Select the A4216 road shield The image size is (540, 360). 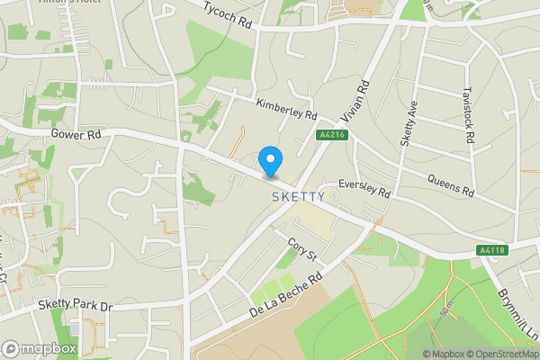[331, 135]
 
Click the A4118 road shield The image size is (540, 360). [490, 248]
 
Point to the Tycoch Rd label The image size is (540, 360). [227, 16]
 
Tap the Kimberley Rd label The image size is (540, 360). [286, 111]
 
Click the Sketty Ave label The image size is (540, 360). [409, 122]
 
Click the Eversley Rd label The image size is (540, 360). [364, 188]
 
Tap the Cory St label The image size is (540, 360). [302, 249]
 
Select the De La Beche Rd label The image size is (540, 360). [287, 298]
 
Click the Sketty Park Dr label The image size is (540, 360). [75, 306]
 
